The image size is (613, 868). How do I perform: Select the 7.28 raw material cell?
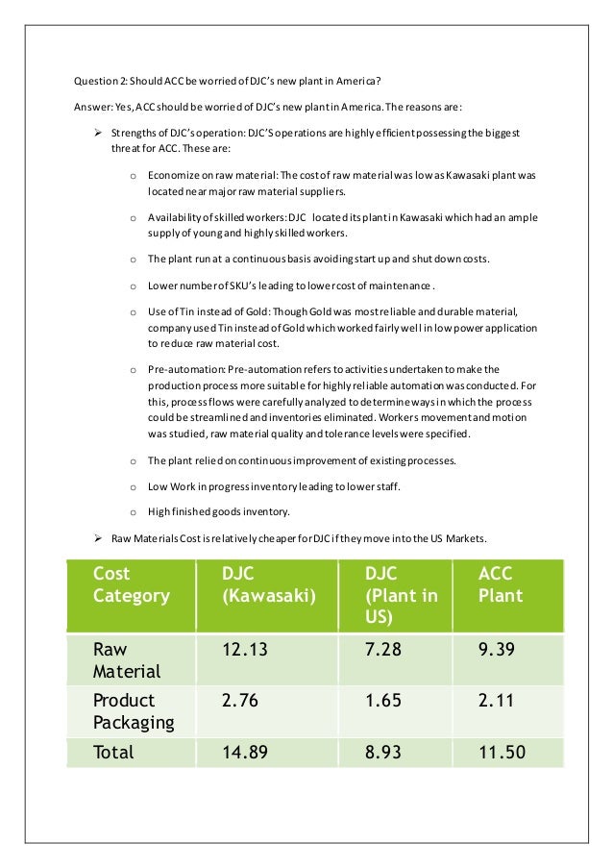click(383, 651)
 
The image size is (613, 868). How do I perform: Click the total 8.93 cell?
click(383, 751)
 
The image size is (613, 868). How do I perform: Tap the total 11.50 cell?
click(502, 751)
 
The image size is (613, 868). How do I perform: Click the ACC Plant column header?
click(501, 584)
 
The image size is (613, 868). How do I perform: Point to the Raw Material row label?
click(128, 661)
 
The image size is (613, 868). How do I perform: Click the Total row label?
click(113, 751)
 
